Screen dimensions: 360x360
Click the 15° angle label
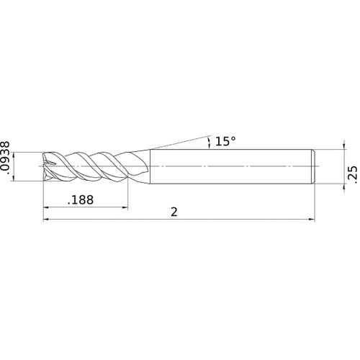click(225, 142)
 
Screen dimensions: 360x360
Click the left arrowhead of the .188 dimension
click(48, 210)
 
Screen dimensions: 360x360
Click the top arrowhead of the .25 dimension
click(341, 152)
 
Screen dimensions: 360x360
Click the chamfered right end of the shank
click(313, 166)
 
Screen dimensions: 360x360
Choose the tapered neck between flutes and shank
click(143, 166)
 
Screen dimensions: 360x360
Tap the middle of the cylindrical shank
click(230, 166)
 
